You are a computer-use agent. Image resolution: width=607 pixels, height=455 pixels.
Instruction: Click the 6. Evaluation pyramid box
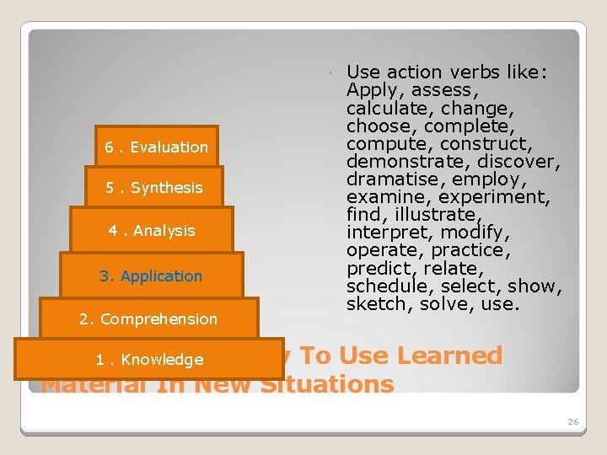click(x=156, y=147)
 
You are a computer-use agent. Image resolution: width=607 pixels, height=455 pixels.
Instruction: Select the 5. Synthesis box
click(x=154, y=188)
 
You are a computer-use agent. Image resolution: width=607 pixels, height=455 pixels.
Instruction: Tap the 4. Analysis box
click(x=152, y=231)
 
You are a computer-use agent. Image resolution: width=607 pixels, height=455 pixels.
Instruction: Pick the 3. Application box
click(x=151, y=276)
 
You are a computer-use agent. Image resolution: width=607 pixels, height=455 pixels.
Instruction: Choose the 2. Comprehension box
click(x=148, y=319)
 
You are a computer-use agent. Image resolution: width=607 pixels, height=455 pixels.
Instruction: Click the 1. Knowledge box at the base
click(x=149, y=360)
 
